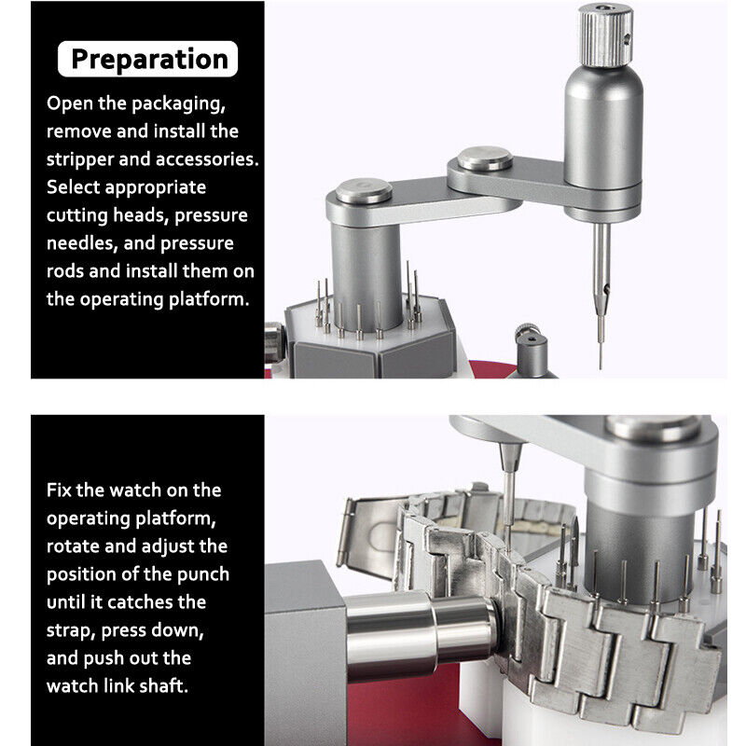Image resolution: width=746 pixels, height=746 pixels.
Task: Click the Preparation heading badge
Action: click(x=147, y=59)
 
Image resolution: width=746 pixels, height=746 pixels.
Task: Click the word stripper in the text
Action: click(x=79, y=159)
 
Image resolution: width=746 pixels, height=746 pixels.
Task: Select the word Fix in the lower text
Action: click(x=59, y=490)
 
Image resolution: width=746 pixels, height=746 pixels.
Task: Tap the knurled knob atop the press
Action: click(x=605, y=35)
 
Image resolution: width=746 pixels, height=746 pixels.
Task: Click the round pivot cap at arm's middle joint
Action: click(x=485, y=159)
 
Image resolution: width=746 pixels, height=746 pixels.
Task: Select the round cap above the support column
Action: click(x=364, y=191)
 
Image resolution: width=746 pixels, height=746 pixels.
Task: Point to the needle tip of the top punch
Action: click(x=601, y=368)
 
